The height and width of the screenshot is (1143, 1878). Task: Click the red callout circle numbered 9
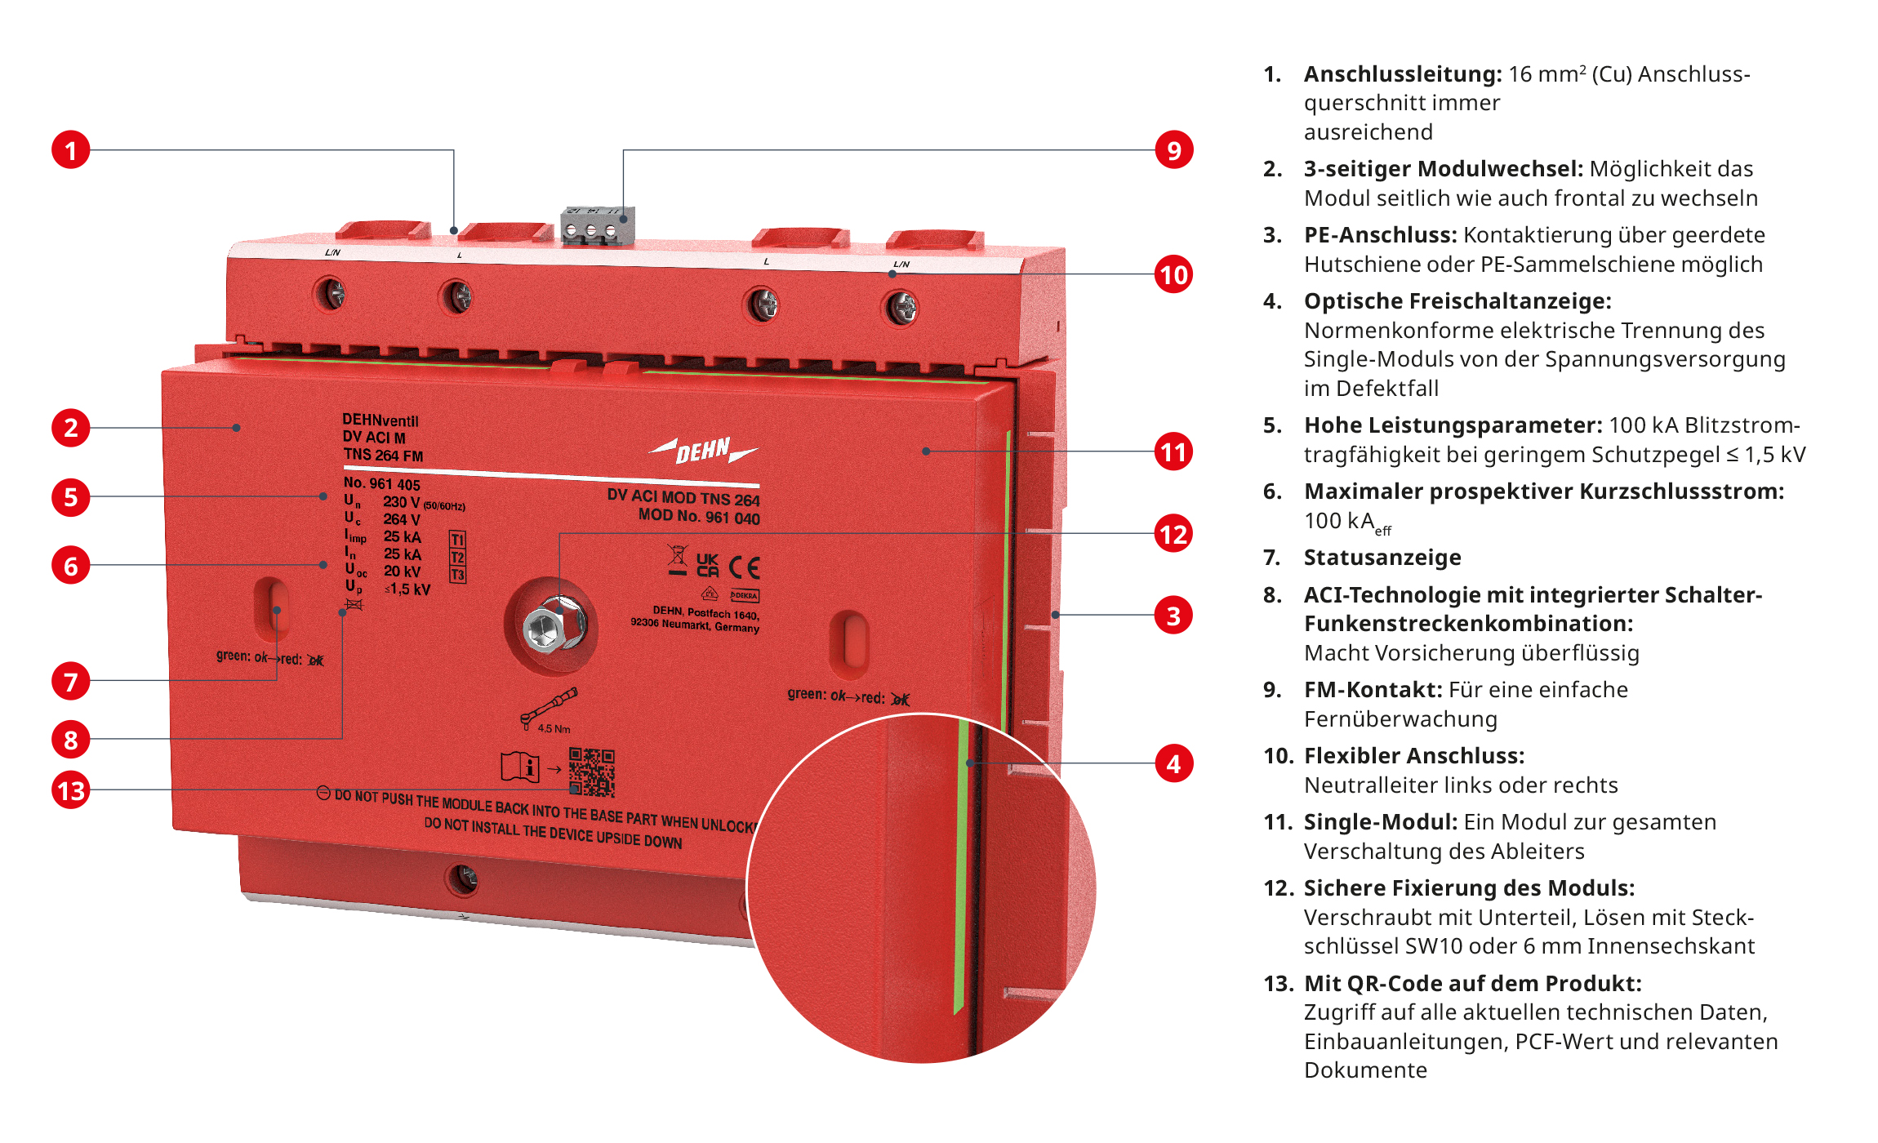coord(1173,150)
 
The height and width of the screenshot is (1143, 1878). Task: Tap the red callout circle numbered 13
coord(71,790)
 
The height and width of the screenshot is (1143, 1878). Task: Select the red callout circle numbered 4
coord(1173,764)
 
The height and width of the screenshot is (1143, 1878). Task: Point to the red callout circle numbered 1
coord(71,150)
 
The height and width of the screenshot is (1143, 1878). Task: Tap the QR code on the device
coord(592,772)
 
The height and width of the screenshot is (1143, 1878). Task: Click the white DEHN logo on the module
coord(703,450)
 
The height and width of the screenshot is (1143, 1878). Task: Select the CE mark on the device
coord(744,567)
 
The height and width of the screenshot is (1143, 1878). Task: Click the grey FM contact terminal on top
coord(597,225)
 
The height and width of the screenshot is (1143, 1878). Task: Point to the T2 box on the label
coord(457,558)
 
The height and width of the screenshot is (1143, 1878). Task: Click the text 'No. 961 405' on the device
coord(381,483)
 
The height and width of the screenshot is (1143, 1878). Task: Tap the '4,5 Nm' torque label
coord(554,728)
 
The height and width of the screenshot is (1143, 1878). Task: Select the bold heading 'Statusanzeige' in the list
coord(1382,558)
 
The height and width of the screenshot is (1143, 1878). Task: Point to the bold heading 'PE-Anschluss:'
coord(1380,235)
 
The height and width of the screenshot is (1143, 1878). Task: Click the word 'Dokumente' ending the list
coord(1365,1070)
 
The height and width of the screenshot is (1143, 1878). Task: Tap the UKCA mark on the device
coord(707,565)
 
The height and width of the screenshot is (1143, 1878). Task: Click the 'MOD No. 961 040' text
coord(699,517)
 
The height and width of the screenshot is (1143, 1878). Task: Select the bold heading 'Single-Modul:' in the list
coord(1380,822)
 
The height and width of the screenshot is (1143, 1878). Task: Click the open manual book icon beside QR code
coord(519,767)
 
